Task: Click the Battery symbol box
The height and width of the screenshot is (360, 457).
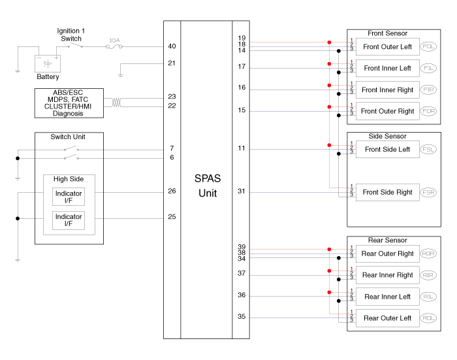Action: click(x=47, y=63)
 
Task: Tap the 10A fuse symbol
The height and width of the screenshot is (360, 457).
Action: click(x=114, y=46)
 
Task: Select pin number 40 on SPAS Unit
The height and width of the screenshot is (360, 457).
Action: click(x=172, y=46)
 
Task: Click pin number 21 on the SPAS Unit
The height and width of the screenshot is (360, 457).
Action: click(x=172, y=63)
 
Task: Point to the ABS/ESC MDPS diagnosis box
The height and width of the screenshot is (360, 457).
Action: click(x=69, y=103)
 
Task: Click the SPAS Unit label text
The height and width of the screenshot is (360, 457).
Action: click(x=206, y=185)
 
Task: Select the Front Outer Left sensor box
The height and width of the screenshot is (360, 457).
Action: click(x=387, y=47)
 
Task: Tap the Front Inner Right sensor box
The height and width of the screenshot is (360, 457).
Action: click(x=387, y=90)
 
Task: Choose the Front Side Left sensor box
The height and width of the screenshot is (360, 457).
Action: click(x=387, y=150)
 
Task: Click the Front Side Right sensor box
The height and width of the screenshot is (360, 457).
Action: click(x=387, y=192)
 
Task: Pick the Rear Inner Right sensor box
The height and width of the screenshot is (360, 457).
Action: click(x=387, y=275)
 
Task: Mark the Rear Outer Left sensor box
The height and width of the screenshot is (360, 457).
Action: click(x=387, y=318)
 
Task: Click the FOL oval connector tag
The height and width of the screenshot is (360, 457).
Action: click(x=429, y=47)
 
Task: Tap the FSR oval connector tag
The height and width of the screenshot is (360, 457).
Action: click(x=429, y=192)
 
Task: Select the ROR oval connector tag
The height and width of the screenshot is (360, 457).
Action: click(x=429, y=254)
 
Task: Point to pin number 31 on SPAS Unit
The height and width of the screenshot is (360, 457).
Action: click(x=242, y=191)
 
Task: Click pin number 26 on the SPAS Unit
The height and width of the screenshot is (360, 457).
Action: click(x=172, y=191)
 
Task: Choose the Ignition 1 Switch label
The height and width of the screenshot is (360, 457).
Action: click(x=71, y=35)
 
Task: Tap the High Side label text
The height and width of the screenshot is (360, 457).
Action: click(x=69, y=179)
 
